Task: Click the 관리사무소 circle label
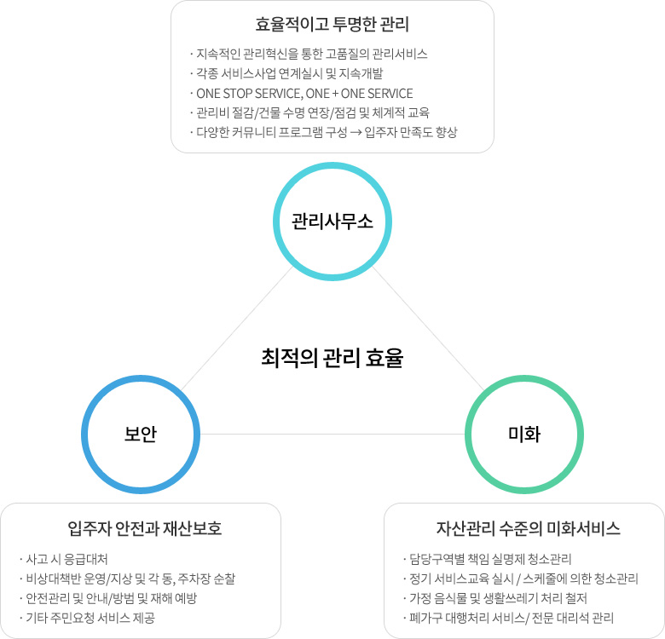pyautogui.click(x=332, y=222)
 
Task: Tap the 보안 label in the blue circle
pyautogui.click(x=141, y=435)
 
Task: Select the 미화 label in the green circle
pyautogui.click(x=524, y=435)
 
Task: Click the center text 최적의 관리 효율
pyautogui.click(x=332, y=358)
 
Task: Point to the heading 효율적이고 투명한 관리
pyautogui.click(x=332, y=24)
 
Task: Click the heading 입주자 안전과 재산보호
pyautogui.click(x=145, y=528)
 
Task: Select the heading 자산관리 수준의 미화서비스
pyautogui.click(x=528, y=528)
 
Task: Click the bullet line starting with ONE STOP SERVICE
pyautogui.click(x=302, y=93)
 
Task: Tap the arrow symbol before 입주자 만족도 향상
pyautogui.click(x=356, y=133)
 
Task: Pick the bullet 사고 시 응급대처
pyautogui.click(x=64, y=559)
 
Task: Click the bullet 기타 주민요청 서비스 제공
pyautogui.click(x=87, y=618)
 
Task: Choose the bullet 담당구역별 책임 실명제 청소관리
pyautogui.click(x=487, y=559)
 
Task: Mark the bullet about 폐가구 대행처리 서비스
pyautogui.click(x=508, y=618)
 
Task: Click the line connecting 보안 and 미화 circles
pyautogui.click(x=332, y=434)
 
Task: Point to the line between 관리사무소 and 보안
pyautogui.click(x=237, y=328)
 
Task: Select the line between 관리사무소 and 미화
pyautogui.click(x=428, y=328)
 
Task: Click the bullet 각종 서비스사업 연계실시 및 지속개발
pyautogui.click(x=286, y=74)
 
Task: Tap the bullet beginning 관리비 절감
pyautogui.click(x=309, y=112)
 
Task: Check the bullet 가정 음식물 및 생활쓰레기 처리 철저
pyautogui.click(x=494, y=598)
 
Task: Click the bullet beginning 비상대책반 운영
pyautogui.click(x=127, y=579)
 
